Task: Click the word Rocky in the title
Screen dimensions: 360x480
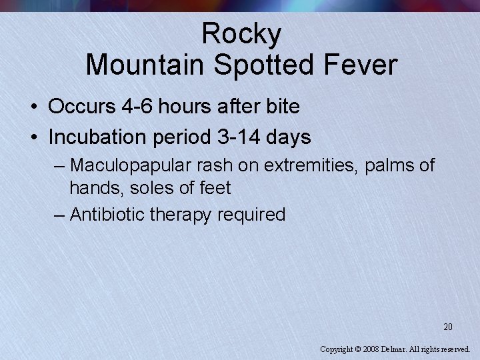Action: (241, 33)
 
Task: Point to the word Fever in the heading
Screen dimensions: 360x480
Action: (363, 65)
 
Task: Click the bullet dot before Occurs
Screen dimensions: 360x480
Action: (33, 107)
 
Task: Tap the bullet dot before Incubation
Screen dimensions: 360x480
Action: (33, 138)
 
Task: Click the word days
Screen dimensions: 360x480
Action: (289, 137)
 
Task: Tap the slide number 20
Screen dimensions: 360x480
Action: (448, 327)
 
